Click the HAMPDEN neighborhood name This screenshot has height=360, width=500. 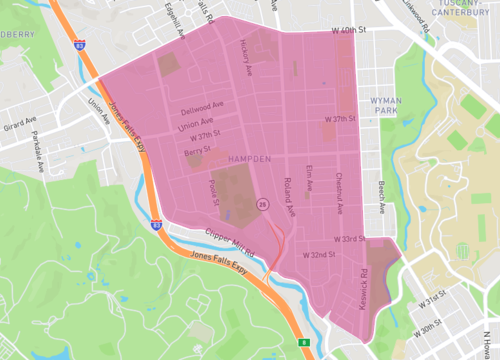pos(248,160)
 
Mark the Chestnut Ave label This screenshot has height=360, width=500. pos(339,192)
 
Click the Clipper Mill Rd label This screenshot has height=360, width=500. pos(230,240)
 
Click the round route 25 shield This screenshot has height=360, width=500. pos(262,203)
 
